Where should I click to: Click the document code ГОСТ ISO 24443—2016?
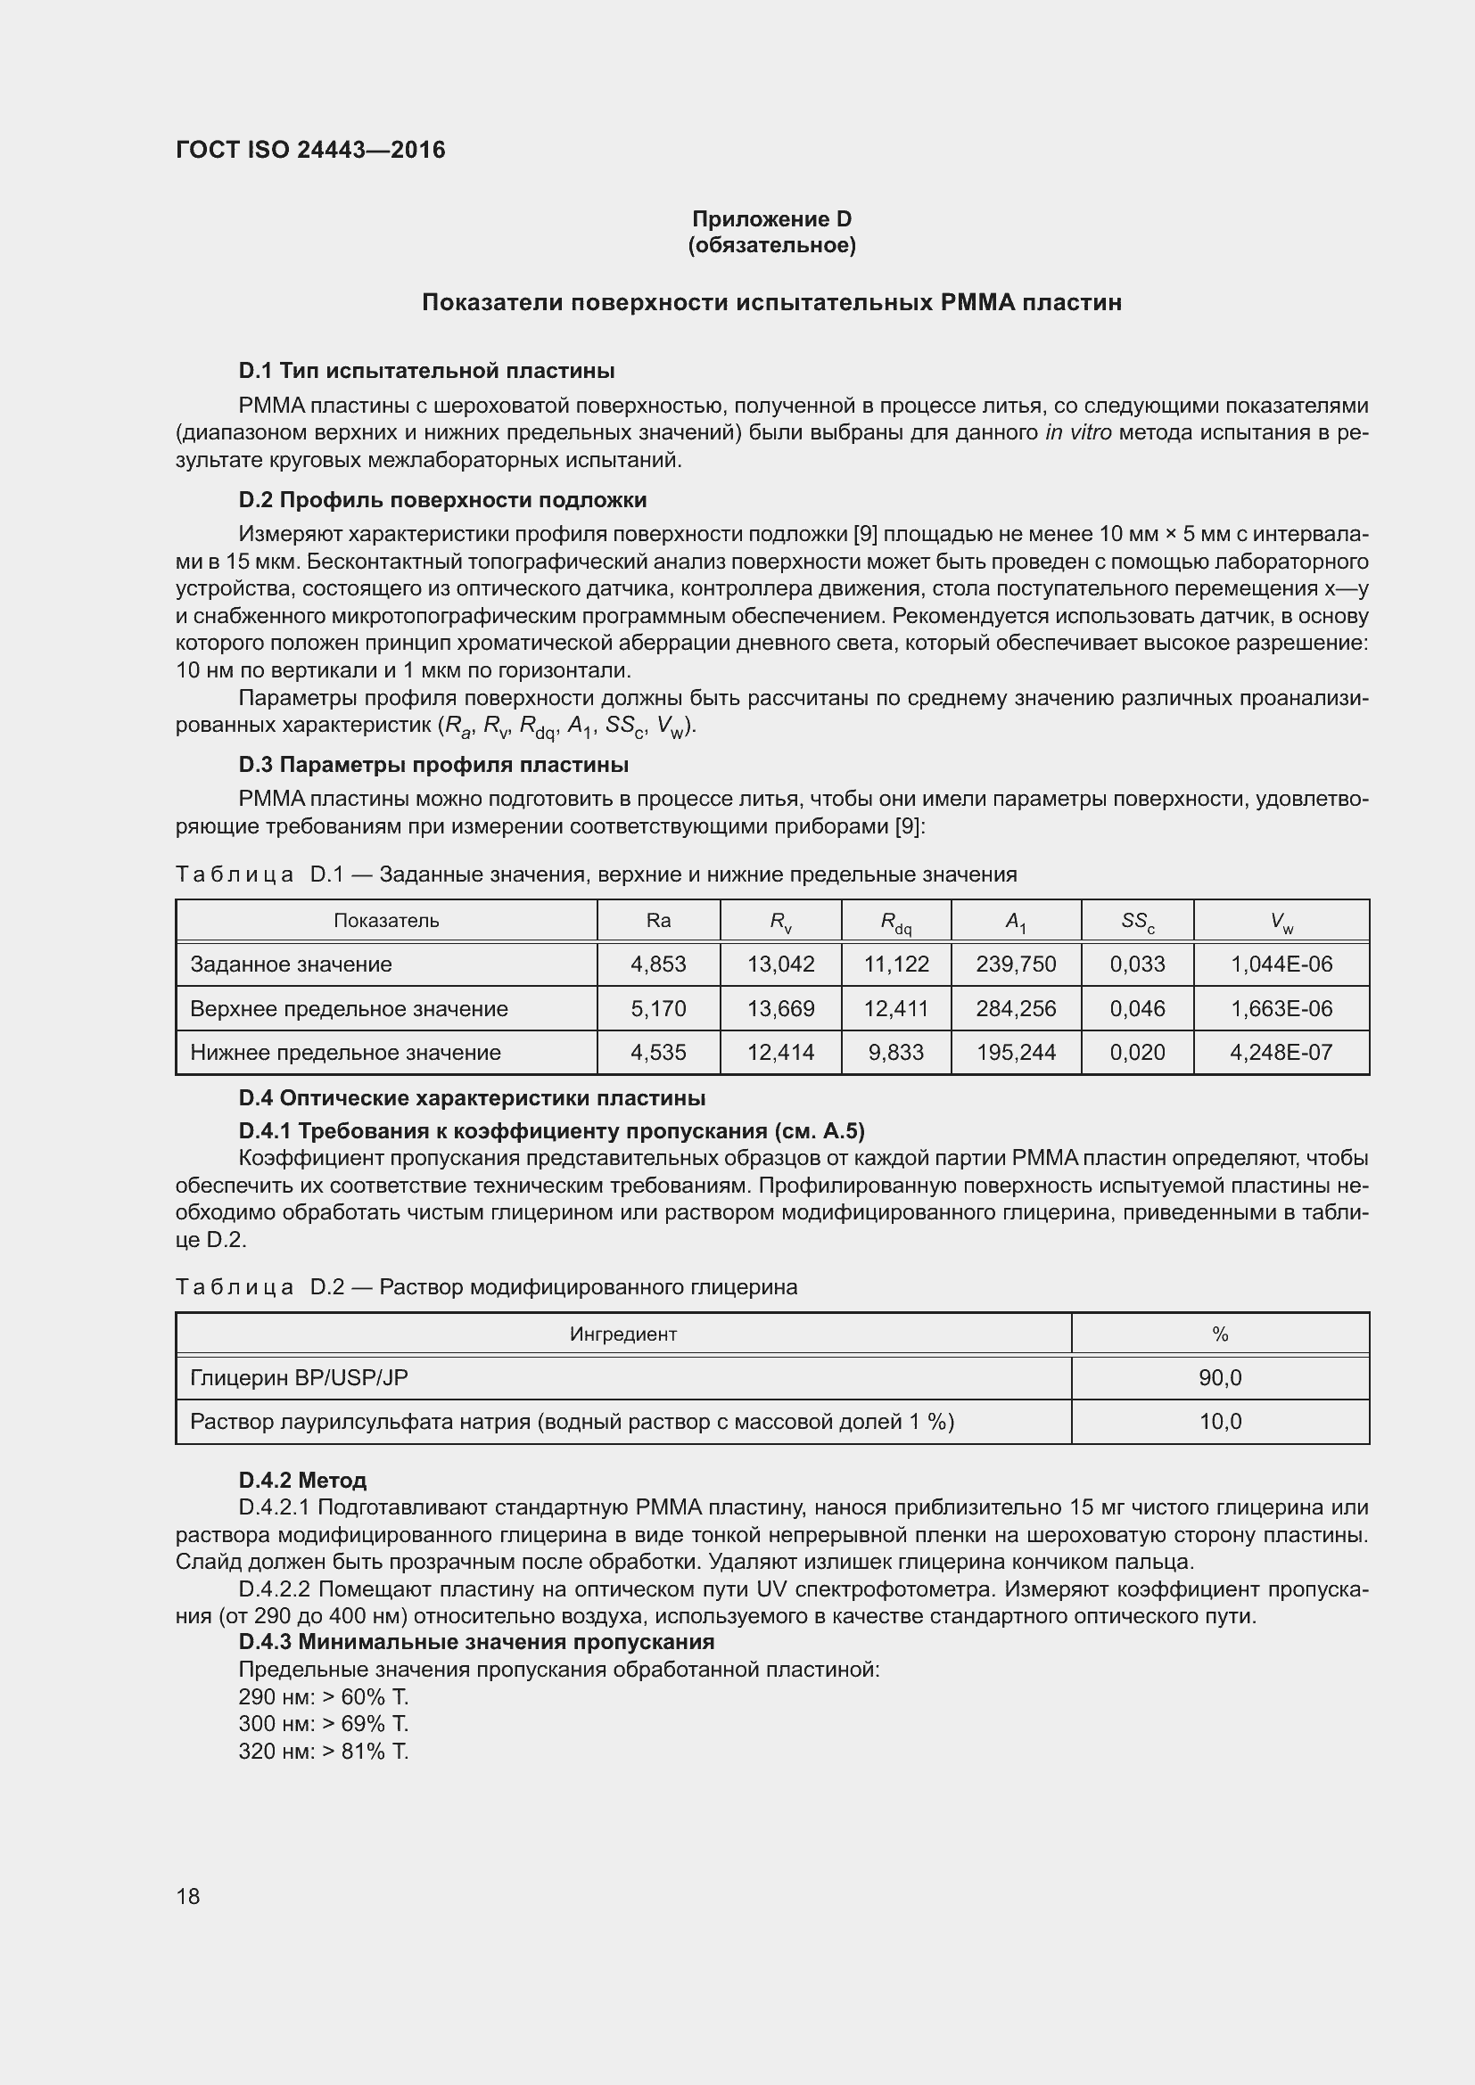[309, 150]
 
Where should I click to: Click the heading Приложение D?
[771, 219]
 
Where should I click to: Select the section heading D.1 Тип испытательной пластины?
[426, 371]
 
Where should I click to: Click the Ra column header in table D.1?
[657, 920]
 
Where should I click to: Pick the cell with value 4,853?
[657, 965]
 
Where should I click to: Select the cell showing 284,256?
[1016, 1009]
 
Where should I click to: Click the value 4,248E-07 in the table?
[1281, 1053]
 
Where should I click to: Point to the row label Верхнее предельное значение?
[349, 1009]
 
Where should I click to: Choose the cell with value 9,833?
[895, 1053]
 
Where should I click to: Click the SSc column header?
[1137, 922]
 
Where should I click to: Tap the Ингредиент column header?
[623, 1334]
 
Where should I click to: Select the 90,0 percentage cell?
[1220, 1377]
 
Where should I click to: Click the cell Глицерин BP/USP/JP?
[299, 1377]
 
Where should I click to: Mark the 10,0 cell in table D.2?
[1220, 1421]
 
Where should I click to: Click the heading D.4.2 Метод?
[302, 1481]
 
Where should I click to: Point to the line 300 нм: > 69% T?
[324, 1724]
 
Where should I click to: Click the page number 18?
[188, 1896]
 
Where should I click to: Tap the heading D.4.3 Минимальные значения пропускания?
[476, 1642]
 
